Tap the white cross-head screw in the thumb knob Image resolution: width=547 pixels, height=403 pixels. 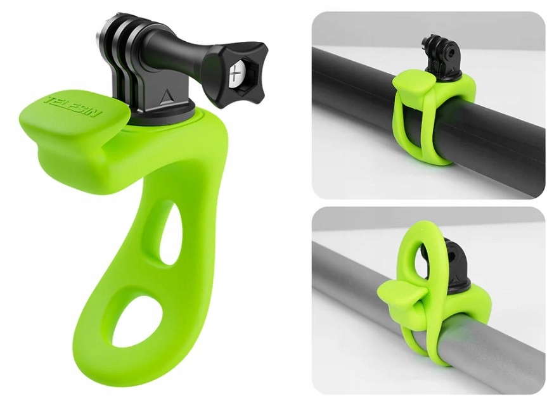(x=236, y=75)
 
